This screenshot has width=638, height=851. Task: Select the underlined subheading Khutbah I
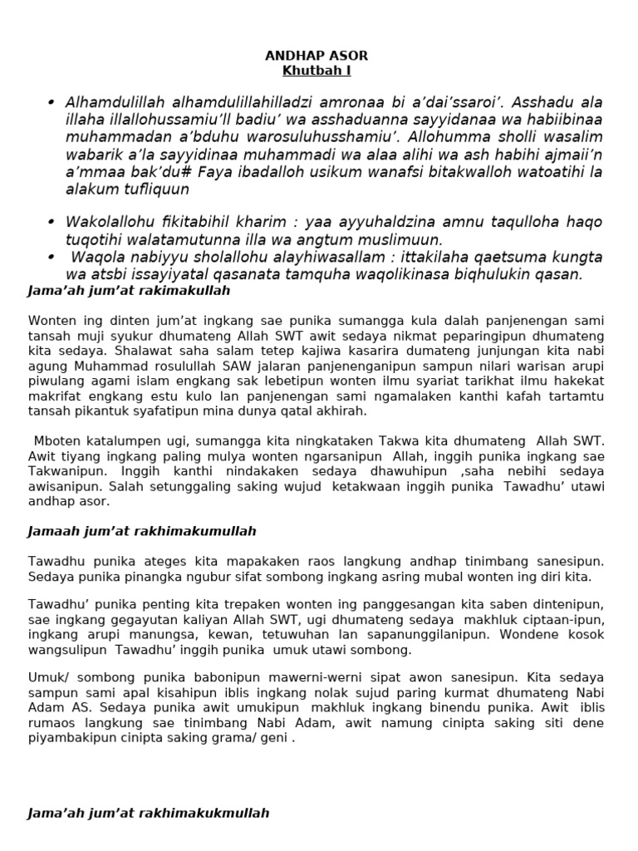[316, 71]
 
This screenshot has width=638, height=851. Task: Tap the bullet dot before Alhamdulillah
[51, 102]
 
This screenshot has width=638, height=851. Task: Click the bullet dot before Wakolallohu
[51, 222]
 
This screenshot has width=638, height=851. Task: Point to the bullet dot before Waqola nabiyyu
[51, 257]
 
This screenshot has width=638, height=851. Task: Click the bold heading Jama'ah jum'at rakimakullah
[129, 292]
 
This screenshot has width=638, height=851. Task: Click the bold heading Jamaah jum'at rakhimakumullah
[142, 531]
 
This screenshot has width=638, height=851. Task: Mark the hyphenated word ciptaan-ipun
[566, 620]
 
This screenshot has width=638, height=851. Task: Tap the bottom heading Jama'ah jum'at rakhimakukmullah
[149, 814]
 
